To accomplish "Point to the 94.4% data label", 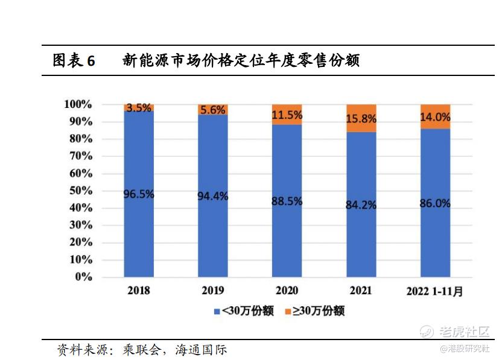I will [212, 196].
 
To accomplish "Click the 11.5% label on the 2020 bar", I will [287, 115].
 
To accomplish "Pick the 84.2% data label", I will [361, 205].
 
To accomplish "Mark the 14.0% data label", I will [435, 117].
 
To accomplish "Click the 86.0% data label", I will [435, 203].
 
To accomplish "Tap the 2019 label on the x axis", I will [212, 290].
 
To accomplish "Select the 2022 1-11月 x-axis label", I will [434, 291].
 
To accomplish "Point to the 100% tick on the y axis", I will [78, 104].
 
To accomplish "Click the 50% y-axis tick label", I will [80, 191].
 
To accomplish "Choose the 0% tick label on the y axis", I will [83, 277].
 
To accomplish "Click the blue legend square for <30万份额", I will [217, 311].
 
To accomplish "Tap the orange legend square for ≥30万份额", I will [288, 311].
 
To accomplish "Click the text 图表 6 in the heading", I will [74, 61].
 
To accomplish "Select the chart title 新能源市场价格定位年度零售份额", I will [241, 61].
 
